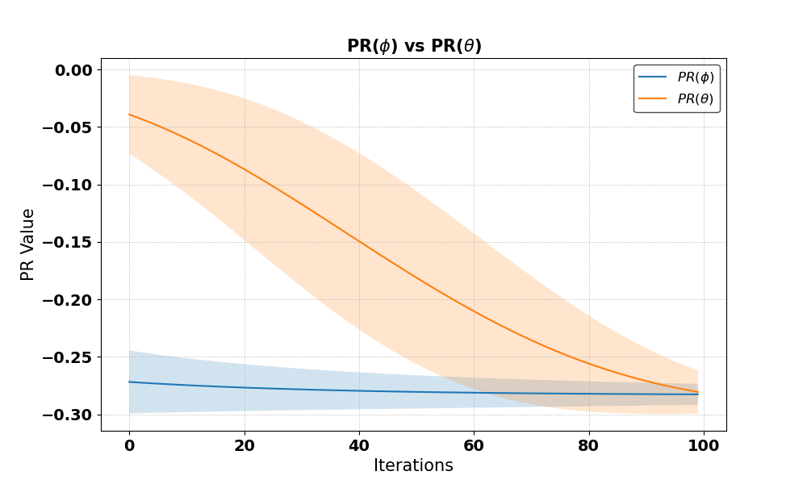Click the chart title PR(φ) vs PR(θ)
point(414,46)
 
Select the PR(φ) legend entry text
point(696,77)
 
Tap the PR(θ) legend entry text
point(696,98)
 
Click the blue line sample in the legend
point(653,77)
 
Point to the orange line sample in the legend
point(653,98)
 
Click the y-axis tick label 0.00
point(73,70)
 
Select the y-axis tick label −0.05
point(68,127)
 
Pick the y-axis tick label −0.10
point(68,186)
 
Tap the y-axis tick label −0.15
point(68,242)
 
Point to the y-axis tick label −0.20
point(68,300)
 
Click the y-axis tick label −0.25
point(68,357)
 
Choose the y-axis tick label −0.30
point(68,415)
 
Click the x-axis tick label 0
point(130,445)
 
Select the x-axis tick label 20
point(245,445)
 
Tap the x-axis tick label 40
point(359,445)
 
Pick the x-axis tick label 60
point(474,445)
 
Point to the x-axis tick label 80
point(589,445)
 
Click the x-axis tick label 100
point(704,445)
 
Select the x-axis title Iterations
point(413,465)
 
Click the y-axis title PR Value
point(27,245)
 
